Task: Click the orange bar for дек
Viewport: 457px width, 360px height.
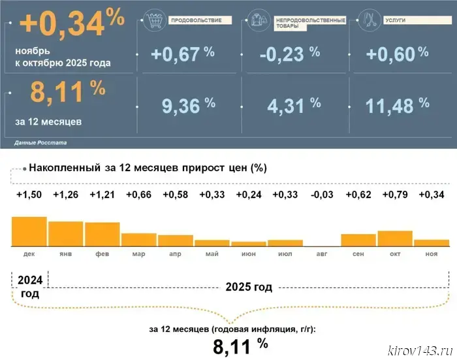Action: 29,231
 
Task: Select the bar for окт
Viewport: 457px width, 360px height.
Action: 394,238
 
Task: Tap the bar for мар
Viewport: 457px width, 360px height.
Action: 138,239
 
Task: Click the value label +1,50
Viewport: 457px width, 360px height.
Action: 29,195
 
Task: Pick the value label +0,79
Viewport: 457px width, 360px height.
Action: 394,195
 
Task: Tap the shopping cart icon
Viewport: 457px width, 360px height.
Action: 155,22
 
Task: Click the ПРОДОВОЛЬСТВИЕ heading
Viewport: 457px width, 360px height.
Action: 196,20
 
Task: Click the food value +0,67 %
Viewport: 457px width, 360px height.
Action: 183,54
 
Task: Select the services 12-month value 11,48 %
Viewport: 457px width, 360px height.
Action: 397,105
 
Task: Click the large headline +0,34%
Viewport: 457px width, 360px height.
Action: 72,25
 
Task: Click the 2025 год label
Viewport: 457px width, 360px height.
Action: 248,287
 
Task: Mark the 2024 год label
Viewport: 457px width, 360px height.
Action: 29,287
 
